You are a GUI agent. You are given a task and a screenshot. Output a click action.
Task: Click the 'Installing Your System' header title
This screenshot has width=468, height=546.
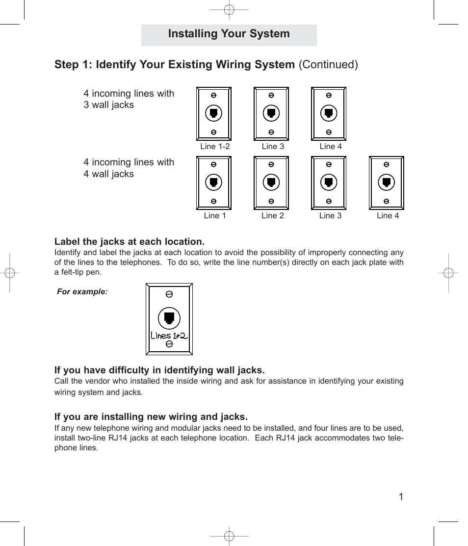(x=229, y=34)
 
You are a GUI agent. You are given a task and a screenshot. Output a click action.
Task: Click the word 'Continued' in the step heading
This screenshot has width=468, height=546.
(x=328, y=65)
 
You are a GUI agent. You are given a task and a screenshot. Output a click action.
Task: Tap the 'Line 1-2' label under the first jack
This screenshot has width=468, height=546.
(x=215, y=146)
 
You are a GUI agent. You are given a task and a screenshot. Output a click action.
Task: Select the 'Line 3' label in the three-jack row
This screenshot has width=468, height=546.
(x=273, y=146)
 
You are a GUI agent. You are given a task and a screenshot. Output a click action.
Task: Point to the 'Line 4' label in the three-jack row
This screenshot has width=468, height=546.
(x=331, y=146)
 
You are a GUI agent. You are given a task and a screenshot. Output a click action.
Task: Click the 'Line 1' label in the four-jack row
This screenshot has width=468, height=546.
(x=215, y=215)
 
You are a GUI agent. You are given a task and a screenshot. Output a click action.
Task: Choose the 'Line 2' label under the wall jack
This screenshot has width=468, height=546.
(x=273, y=215)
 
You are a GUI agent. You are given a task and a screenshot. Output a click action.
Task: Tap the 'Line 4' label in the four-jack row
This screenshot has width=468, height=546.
(x=388, y=215)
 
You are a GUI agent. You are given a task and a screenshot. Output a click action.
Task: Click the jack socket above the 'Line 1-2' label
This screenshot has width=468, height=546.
(x=214, y=113)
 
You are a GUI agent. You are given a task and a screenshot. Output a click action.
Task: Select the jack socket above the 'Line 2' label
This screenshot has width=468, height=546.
(x=271, y=182)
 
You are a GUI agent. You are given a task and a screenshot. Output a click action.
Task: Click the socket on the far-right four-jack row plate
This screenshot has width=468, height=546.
(x=387, y=182)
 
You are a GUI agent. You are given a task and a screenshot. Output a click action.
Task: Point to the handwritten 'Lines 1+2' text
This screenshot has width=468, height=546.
(x=169, y=336)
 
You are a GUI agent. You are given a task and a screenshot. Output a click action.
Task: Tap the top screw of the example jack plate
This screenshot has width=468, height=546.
(x=169, y=294)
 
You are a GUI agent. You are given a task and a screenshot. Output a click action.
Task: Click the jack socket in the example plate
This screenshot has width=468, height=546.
(x=169, y=317)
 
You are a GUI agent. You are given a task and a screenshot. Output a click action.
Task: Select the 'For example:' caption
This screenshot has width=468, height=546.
(x=82, y=291)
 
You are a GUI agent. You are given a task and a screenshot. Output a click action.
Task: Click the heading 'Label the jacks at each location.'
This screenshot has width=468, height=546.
(x=129, y=242)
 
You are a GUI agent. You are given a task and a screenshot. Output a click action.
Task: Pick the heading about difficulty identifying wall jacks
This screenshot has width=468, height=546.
(x=159, y=370)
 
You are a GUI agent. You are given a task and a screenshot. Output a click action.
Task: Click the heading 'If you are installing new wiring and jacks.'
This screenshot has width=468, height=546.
(x=151, y=417)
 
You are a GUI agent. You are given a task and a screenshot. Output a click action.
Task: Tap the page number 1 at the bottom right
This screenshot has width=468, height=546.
(x=401, y=497)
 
